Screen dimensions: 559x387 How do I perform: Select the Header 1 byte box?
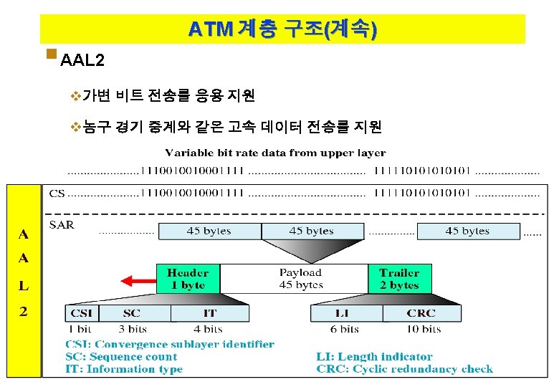pyautogui.click(x=188, y=279)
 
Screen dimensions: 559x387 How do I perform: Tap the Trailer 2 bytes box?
pyautogui.click(x=399, y=279)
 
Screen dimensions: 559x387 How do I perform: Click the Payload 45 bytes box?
pyautogui.click(x=300, y=279)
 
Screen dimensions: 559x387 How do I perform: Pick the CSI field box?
pyautogui.click(x=82, y=313)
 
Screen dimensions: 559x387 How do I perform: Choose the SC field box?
pyautogui.click(x=132, y=313)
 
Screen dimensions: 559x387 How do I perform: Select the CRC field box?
pyautogui.click(x=421, y=313)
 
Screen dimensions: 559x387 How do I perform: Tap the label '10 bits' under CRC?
pyautogui.click(x=421, y=329)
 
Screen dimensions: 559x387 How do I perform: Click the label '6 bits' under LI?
pyautogui.click(x=345, y=329)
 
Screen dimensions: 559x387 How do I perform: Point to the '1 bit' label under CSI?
pyautogui.click(x=80, y=329)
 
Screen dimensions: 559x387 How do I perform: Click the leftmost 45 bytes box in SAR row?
pyautogui.click(x=209, y=231)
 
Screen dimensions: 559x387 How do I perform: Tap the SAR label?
pyautogui.click(x=61, y=225)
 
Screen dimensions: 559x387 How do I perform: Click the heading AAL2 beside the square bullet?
pyautogui.click(x=82, y=60)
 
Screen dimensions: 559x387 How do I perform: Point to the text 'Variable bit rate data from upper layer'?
pyautogui.click(x=276, y=153)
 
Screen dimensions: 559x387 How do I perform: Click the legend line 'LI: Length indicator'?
pyautogui.click(x=374, y=356)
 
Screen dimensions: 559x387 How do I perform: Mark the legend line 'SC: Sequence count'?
pyautogui.click(x=121, y=356)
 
